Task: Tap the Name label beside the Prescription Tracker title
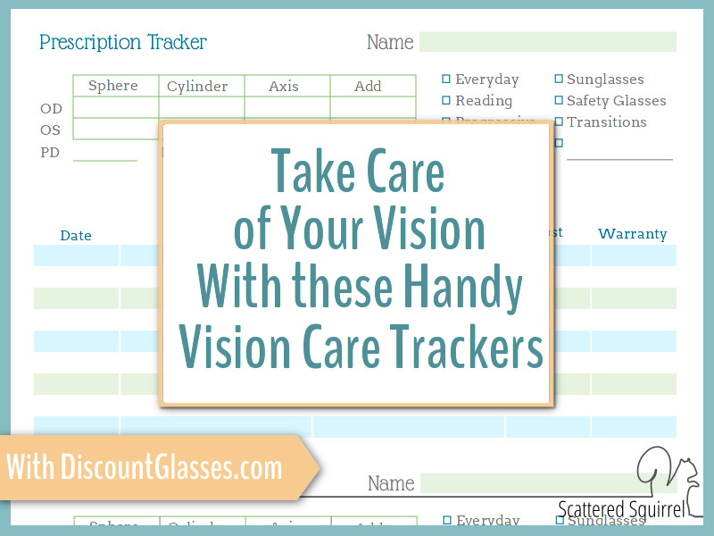390,42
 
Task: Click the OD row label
51,108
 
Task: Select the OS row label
51,130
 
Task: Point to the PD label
51,153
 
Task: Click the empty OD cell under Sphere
115,108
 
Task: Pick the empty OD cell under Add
371,108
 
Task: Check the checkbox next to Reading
446,100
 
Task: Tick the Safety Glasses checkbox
559,100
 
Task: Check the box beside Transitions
559,121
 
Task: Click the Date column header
76,236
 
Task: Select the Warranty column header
632,234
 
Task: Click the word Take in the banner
308,172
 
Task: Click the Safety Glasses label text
616,101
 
